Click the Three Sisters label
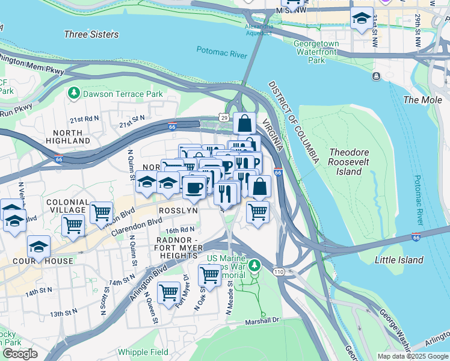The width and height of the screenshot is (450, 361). (91, 34)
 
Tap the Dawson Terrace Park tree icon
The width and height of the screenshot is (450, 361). (74, 93)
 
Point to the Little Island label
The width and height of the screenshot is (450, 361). (399, 260)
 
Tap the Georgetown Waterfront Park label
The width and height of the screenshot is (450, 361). (316, 52)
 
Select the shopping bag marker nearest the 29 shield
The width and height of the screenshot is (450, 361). (245, 124)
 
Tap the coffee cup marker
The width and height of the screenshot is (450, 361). (194, 188)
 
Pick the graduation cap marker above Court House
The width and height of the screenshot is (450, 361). (39, 247)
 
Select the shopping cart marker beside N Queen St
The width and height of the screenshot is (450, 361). (169, 292)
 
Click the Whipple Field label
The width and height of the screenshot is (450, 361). (143, 352)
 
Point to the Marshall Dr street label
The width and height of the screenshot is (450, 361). (262, 321)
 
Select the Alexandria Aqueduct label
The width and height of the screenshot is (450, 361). (259, 30)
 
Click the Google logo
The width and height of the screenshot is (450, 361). (20, 353)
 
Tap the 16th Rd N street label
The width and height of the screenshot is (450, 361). (180, 230)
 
